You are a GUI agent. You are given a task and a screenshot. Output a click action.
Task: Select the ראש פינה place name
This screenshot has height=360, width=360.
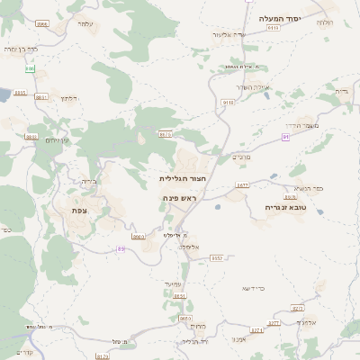coord(180,197)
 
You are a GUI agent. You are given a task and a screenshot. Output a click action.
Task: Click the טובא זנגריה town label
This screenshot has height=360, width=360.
coord(288,206)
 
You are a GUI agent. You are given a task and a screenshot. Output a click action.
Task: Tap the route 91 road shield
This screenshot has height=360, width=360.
coord(286,137)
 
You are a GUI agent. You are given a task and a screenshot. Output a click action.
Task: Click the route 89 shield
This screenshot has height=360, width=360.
coord(121,248)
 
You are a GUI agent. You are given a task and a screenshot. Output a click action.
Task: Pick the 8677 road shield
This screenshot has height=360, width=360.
coord(241,184)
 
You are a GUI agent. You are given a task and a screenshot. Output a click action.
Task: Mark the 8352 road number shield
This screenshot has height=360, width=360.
coord(217,257)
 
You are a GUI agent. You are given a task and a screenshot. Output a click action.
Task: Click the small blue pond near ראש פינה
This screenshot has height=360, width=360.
coord(218,206)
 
